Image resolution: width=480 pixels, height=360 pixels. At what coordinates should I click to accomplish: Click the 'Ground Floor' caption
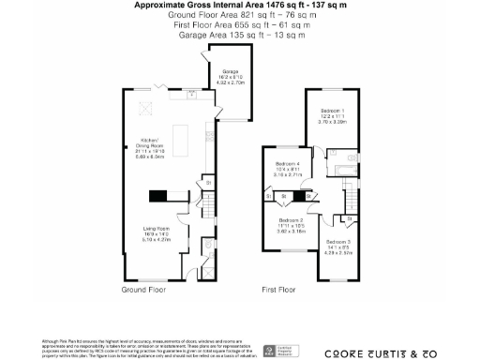coord(145,291)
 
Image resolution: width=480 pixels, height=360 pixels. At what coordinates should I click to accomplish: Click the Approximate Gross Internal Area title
coord(239,6)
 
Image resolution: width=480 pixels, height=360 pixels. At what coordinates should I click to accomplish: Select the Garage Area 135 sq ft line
coord(239,35)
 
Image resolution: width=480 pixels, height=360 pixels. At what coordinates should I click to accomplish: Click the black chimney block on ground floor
coord(158,196)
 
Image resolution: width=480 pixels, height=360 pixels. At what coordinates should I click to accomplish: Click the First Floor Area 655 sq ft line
coord(239,25)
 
